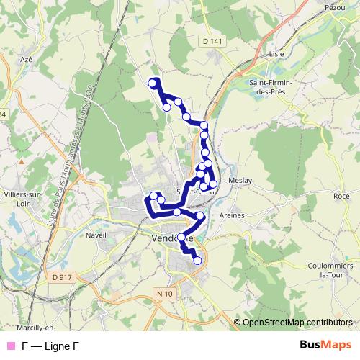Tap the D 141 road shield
tap(213, 42)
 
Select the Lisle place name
tap(277, 53)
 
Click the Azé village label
tap(27, 59)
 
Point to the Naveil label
tap(95, 235)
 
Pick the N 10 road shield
tap(164, 294)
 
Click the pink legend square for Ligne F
tap(10, 346)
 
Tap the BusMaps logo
tap(325, 345)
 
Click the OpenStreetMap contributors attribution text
tap(297, 323)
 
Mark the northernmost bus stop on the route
tap(153, 84)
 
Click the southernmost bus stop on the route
tap(197, 261)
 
